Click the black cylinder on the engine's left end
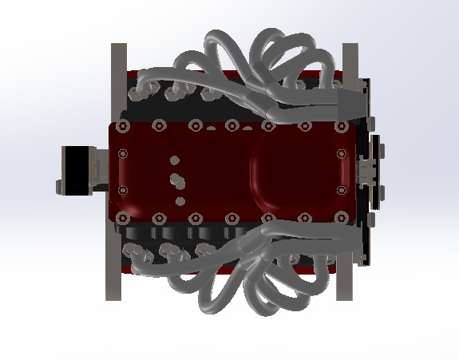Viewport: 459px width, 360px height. click(75, 168)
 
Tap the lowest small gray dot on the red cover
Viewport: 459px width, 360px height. click(180, 202)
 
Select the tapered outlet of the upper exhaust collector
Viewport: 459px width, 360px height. click(352, 98)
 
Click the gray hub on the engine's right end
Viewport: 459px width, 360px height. click(368, 169)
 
